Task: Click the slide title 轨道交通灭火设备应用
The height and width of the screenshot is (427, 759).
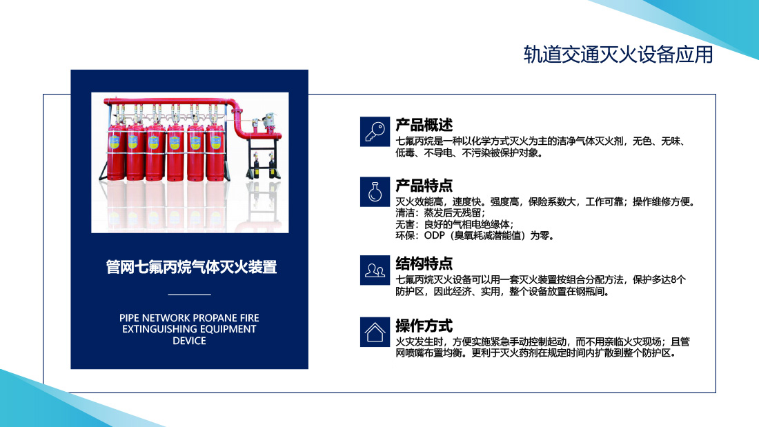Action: pos(618,54)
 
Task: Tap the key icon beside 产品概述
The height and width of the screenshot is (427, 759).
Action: pos(375,131)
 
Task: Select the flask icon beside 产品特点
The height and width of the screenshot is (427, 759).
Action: pos(375,192)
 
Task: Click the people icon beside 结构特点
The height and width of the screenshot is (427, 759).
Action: pos(375,270)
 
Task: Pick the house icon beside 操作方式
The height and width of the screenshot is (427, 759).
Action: pos(375,332)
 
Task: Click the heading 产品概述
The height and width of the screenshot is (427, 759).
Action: pos(424,125)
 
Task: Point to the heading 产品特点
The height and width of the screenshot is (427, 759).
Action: pos(424,186)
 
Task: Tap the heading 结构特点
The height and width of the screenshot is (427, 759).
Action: pos(424,264)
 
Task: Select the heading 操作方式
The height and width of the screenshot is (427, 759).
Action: pos(424,326)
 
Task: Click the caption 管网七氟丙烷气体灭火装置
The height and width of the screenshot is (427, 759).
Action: pos(191,267)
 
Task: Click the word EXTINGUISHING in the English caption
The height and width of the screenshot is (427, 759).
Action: pos(157,329)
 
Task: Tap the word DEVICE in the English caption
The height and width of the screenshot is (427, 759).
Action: pos(189,341)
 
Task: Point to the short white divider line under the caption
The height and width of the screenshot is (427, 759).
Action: pos(189,295)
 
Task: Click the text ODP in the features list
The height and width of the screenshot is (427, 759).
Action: pos(434,236)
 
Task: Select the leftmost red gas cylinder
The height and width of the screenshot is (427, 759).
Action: pos(117,152)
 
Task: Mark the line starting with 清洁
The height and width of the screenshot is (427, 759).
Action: pos(440,213)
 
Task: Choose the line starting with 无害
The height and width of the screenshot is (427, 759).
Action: pos(455,225)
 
